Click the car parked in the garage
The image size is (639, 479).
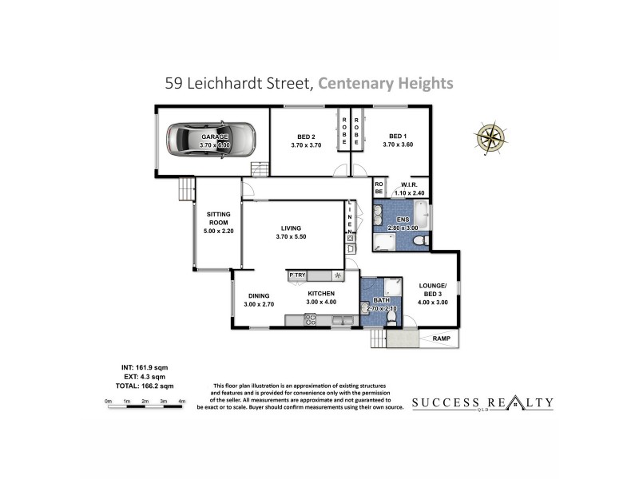[211, 141]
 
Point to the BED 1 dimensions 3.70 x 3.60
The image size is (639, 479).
[397, 144]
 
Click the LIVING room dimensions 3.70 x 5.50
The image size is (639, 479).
[292, 236]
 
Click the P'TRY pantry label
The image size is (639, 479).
[297, 275]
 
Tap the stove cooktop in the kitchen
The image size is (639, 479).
[310, 319]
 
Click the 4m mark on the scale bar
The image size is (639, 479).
[182, 401]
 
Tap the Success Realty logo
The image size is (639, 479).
[482, 403]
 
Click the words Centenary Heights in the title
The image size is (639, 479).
[386, 82]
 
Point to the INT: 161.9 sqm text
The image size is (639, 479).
[139, 367]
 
